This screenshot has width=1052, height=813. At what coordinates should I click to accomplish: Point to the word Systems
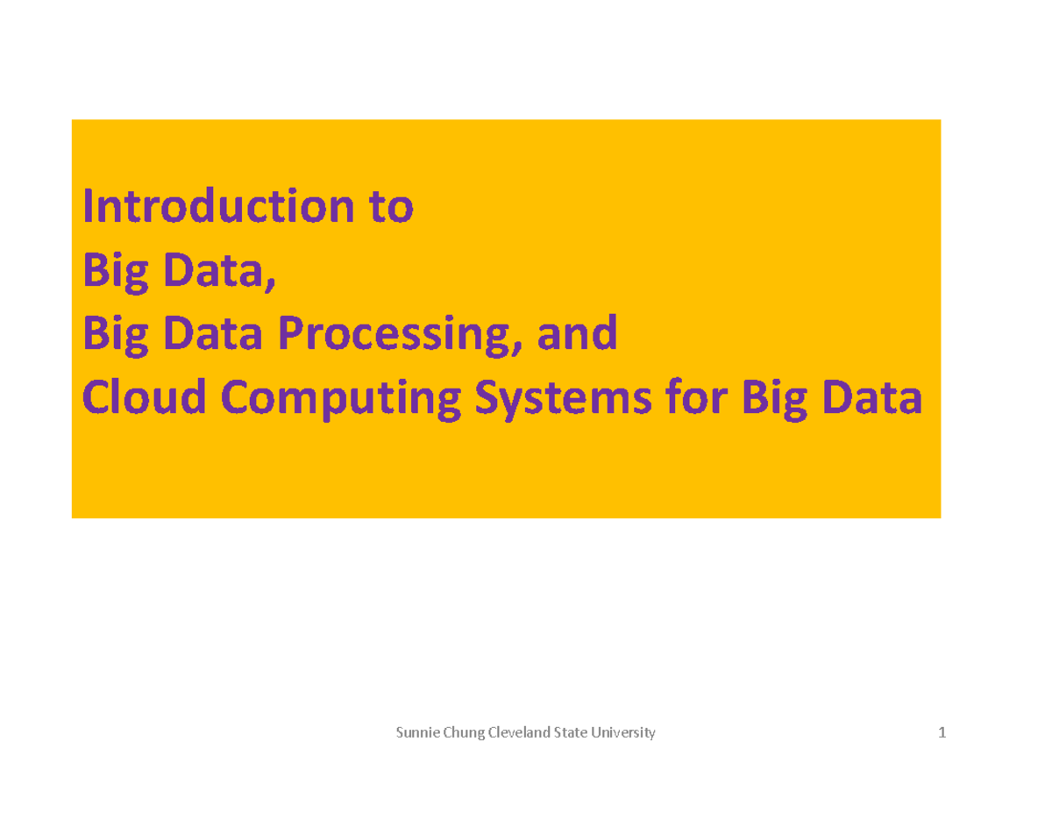click(x=563, y=400)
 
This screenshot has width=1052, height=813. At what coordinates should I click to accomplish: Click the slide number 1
click(x=942, y=733)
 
